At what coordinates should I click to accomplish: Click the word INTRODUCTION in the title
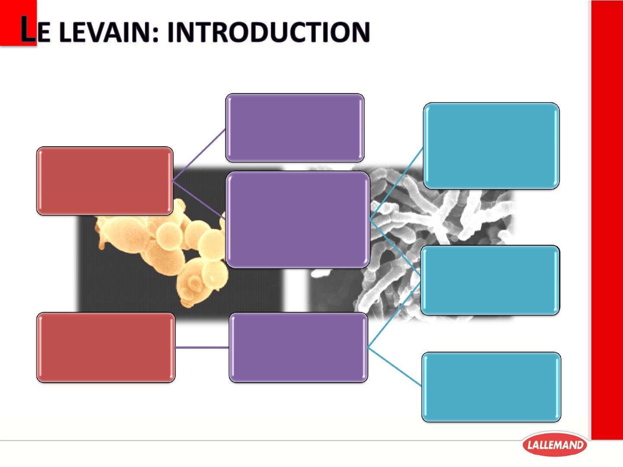pyautogui.click(x=269, y=32)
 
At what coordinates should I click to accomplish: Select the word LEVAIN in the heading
pyautogui.click(x=104, y=32)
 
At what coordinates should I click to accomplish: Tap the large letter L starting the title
pyautogui.click(x=28, y=29)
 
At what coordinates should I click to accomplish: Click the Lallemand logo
pyautogui.click(x=555, y=445)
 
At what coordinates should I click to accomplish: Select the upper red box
pyautogui.click(x=105, y=181)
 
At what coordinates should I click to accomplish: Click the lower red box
pyautogui.click(x=106, y=347)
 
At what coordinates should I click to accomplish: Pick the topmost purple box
pyautogui.click(x=295, y=128)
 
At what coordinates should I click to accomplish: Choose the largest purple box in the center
pyautogui.click(x=298, y=220)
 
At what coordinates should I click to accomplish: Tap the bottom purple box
pyautogui.click(x=298, y=347)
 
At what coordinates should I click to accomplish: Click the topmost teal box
pyautogui.click(x=491, y=146)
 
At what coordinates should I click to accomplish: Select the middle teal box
pyautogui.click(x=490, y=280)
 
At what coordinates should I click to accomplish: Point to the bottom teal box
pyautogui.click(x=491, y=387)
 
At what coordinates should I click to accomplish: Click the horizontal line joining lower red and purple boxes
pyautogui.click(x=202, y=347)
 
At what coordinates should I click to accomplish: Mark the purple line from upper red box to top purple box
pyautogui.click(x=199, y=155)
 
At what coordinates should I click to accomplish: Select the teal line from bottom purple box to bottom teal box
pyautogui.click(x=395, y=367)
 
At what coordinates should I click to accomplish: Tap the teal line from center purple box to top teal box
pyautogui.click(x=396, y=184)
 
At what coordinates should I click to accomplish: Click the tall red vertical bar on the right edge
pyautogui.click(x=607, y=220)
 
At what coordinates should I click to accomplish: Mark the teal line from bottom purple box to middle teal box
pyautogui.click(x=394, y=315)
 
